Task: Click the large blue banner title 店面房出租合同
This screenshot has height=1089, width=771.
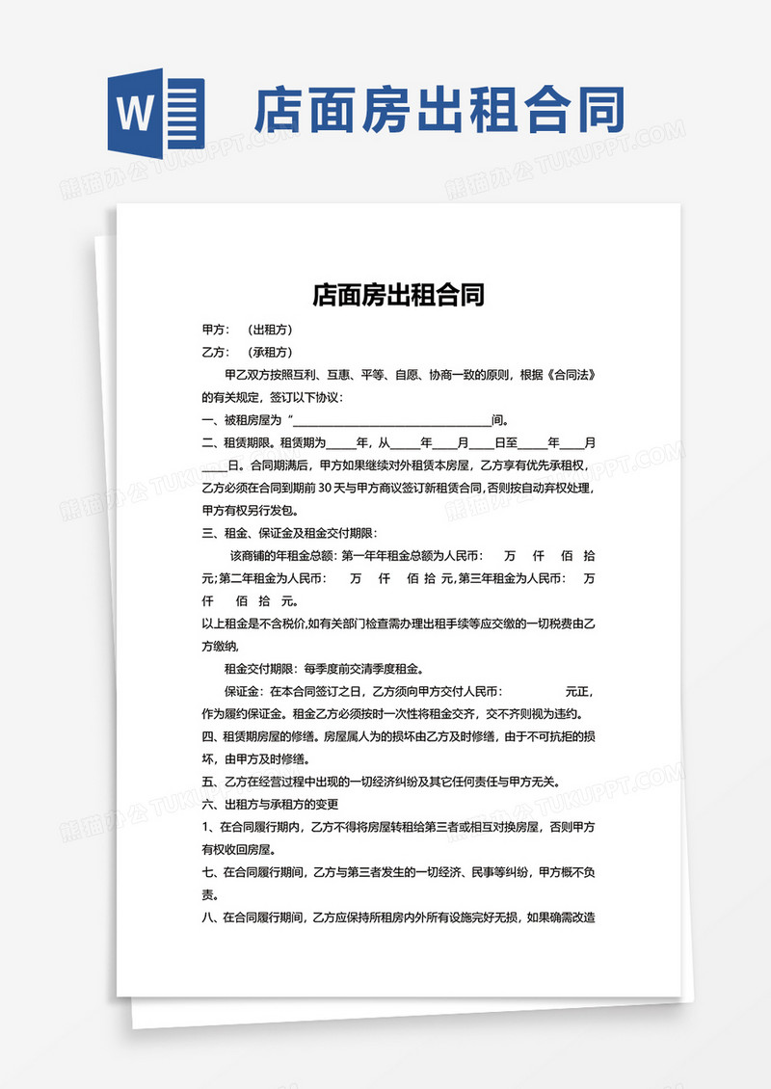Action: point(439,112)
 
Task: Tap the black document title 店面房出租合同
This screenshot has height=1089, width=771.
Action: point(398,294)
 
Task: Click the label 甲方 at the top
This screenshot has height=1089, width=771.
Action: point(215,330)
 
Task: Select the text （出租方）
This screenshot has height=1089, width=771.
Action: point(270,330)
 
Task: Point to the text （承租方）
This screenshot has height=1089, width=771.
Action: point(270,352)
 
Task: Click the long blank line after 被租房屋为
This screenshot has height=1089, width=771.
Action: point(390,420)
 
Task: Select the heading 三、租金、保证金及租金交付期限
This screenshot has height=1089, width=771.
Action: point(290,533)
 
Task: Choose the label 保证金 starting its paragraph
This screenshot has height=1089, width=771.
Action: point(243,692)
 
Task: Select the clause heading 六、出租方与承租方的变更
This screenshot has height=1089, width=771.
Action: point(270,804)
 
